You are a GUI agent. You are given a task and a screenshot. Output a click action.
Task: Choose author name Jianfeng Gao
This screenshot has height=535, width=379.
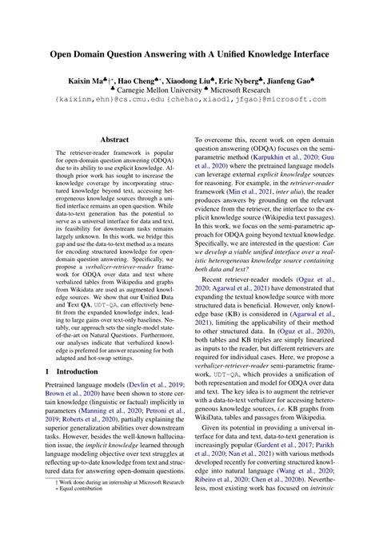point(308,81)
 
